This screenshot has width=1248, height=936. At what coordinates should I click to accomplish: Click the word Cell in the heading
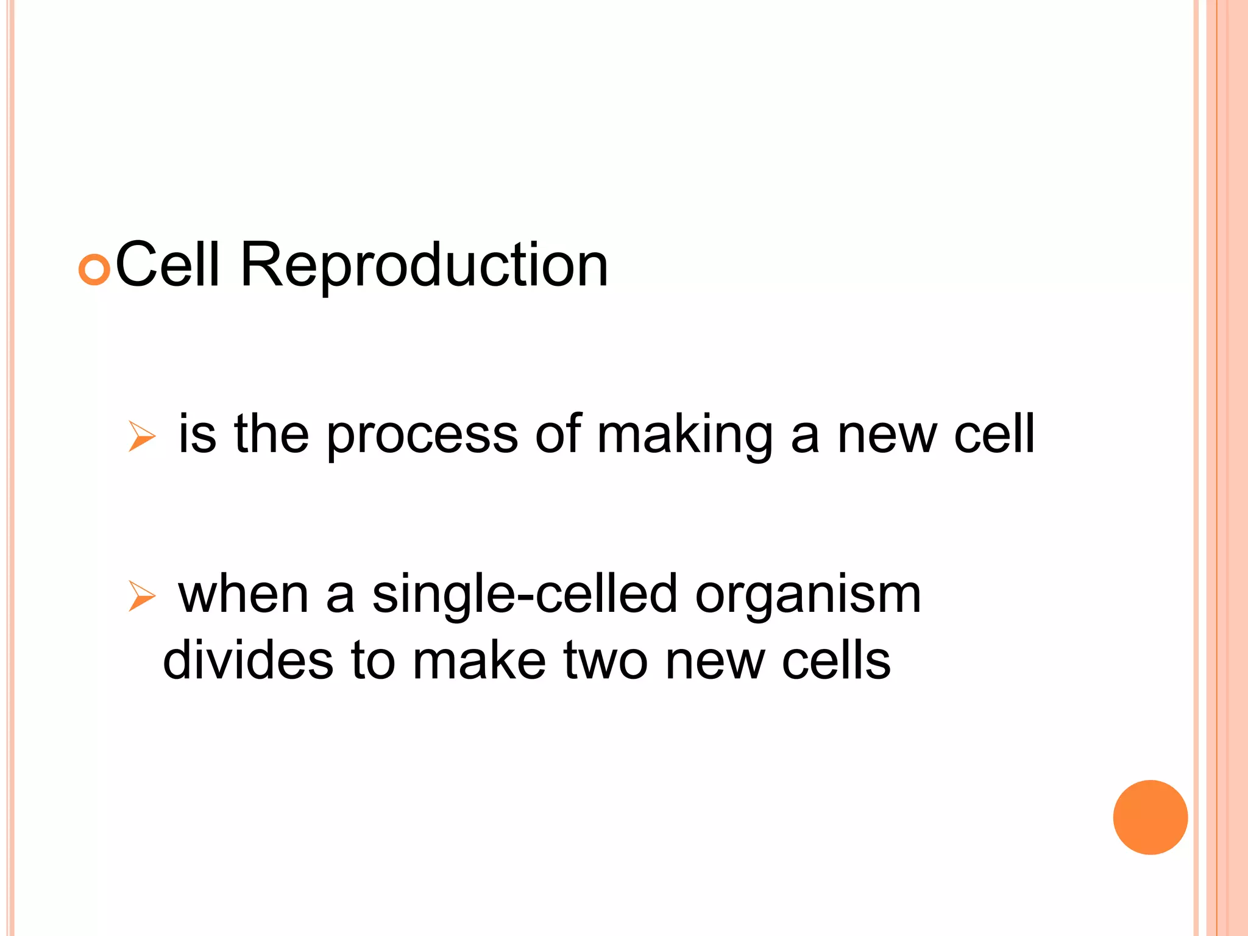pos(167,264)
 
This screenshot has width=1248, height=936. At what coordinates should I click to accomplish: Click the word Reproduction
pos(424,266)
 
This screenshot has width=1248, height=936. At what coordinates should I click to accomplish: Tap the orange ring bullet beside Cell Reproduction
pos(94,270)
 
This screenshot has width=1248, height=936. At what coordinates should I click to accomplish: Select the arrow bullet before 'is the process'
pos(142,437)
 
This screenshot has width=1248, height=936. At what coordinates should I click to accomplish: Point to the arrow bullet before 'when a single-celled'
pos(142,596)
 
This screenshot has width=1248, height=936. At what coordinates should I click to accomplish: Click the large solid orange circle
pos(1150,817)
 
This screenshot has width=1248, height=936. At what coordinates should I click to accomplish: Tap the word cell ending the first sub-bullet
pos(994,434)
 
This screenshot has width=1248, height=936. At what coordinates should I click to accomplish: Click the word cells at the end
pos(836,661)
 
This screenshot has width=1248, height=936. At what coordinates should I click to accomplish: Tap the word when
pos(243,594)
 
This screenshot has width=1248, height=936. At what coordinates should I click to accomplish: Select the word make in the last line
pos(479,661)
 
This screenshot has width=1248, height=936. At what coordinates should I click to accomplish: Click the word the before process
pos(272,434)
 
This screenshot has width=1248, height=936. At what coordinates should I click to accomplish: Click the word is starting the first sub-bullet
pos(197,434)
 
